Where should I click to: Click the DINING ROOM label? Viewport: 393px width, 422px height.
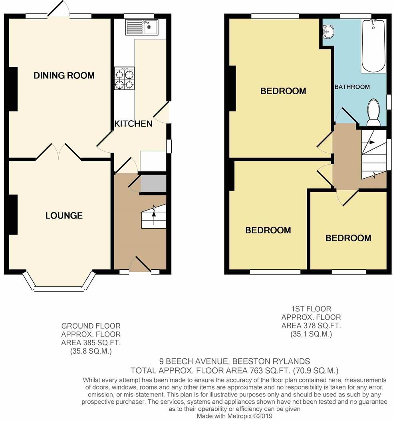64,75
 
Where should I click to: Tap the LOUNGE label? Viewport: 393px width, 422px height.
64,216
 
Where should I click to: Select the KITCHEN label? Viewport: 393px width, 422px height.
133,123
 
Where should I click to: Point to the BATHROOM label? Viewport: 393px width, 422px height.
352,87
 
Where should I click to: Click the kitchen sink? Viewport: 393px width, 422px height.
142,27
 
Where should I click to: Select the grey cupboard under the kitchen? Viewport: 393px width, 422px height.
153,183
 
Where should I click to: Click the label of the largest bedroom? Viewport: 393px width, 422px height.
283,91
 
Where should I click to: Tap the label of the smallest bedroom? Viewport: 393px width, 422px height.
348,238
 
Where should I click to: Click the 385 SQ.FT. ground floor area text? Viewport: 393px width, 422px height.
91,342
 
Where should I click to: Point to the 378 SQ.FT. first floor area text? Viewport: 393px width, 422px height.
311,325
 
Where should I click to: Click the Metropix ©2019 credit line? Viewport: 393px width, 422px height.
234,416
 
